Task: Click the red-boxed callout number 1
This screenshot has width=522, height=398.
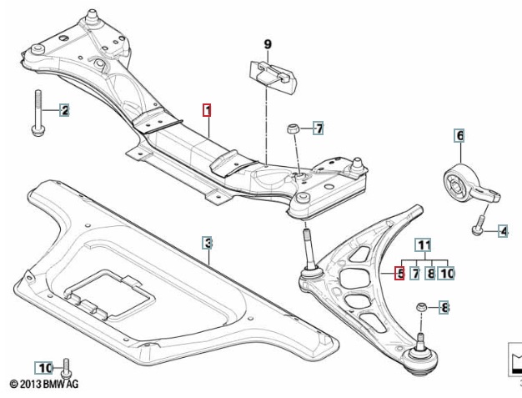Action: (207, 109)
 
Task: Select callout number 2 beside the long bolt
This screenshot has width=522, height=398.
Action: (63, 110)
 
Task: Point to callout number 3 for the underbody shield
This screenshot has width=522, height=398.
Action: (207, 243)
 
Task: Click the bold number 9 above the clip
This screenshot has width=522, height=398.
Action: (268, 43)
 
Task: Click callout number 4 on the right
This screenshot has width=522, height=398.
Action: (503, 230)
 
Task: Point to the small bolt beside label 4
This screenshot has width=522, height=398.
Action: (478, 224)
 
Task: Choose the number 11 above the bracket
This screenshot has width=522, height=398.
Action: (424, 244)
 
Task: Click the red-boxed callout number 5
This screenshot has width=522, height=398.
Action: (399, 272)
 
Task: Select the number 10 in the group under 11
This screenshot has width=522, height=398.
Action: (446, 272)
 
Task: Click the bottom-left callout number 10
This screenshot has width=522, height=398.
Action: (44, 367)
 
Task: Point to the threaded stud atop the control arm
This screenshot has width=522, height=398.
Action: (306, 247)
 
